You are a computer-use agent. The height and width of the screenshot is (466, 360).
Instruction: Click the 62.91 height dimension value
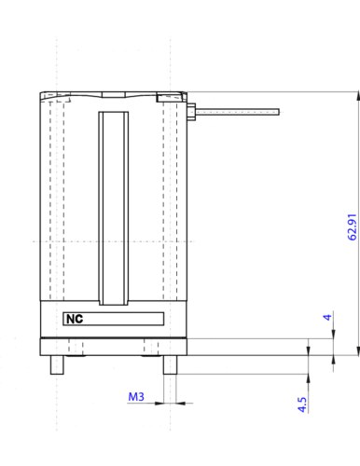(x=352, y=227)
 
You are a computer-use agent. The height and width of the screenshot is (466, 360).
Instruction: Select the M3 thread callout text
(x=136, y=397)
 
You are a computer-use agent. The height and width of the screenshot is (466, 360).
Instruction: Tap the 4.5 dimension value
(x=302, y=404)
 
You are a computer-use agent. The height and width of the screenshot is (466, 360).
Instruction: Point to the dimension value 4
(x=327, y=317)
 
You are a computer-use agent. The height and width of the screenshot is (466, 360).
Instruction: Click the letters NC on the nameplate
(x=75, y=319)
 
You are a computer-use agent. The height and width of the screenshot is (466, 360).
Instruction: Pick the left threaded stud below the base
(x=57, y=364)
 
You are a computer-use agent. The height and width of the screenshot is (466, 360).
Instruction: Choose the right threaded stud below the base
(x=170, y=364)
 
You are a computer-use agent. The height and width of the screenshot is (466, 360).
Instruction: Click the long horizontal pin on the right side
(x=237, y=112)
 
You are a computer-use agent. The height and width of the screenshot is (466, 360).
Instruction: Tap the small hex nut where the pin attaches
(x=191, y=112)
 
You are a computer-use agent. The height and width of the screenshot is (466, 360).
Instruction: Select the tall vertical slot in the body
(x=114, y=208)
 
